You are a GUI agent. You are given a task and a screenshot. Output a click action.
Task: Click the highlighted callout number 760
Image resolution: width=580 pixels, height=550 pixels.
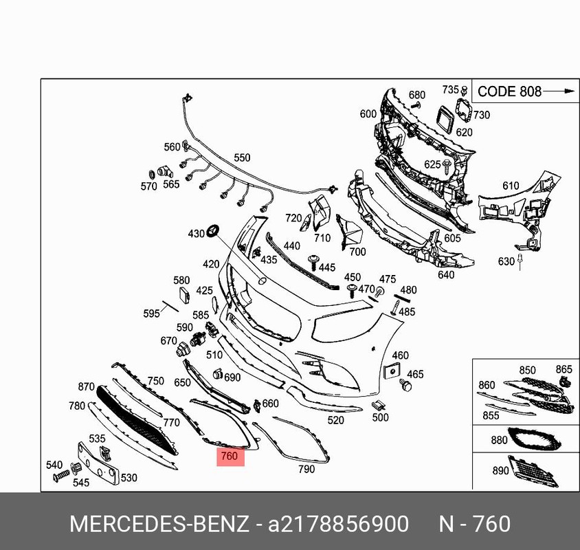(230, 456)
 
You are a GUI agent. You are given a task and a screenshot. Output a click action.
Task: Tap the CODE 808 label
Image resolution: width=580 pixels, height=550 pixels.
(509, 91)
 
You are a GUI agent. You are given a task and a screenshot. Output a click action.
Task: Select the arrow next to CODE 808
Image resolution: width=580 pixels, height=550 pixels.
(559, 91)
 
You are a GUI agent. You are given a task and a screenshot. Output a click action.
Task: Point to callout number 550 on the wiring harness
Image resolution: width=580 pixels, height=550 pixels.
(242, 157)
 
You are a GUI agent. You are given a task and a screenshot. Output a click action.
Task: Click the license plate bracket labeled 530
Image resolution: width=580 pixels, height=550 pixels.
(98, 463)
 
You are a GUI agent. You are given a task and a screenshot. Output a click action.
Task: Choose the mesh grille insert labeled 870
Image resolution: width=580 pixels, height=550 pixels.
(136, 421)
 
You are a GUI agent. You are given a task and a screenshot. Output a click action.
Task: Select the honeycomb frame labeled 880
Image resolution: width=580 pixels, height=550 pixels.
(535, 440)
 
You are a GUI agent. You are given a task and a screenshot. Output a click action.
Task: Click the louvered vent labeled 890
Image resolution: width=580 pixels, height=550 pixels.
(533, 472)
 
